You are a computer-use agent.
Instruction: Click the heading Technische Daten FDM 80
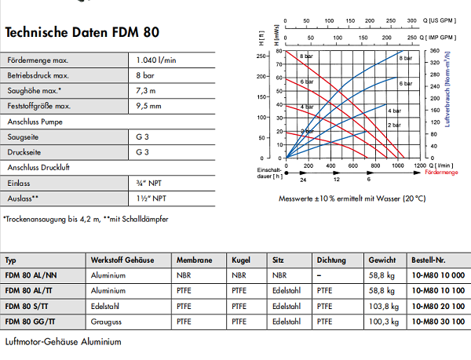coord(82,33)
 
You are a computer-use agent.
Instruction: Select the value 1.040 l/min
coord(157,60)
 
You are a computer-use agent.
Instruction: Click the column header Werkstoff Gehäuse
coord(122,260)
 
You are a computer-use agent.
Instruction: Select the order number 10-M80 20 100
coord(437,305)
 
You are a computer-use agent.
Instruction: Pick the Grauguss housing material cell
coord(107,321)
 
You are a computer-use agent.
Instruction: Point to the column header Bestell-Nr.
coord(429,260)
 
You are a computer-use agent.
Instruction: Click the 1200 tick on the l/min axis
coord(420,166)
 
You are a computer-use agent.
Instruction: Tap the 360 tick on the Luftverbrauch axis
coord(433,52)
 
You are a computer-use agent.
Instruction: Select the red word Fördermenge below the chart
coord(440,171)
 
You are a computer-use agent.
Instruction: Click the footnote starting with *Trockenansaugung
coord(86,218)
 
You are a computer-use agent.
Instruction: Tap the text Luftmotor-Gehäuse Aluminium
coord(63,343)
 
